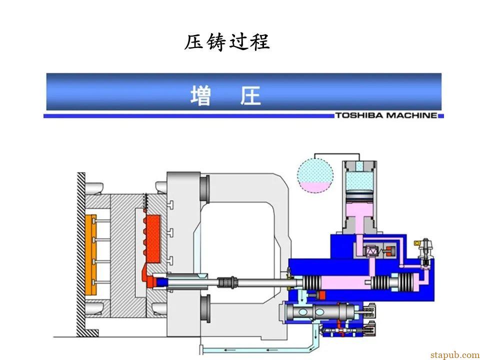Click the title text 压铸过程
(x=227, y=42)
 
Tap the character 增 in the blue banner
(x=201, y=95)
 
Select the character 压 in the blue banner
(x=250, y=95)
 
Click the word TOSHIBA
(x=359, y=115)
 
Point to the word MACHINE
(x=411, y=115)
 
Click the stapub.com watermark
(x=455, y=355)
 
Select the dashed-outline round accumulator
(x=315, y=175)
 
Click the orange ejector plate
(x=91, y=254)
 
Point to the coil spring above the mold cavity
(x=146, y=204)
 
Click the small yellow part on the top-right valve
(x=416, y=243)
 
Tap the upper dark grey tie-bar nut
(x=205, y=187)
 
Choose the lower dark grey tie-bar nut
(x=205, y=308)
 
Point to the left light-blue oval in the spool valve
(x=303, y=312)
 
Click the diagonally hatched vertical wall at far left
(x=81, y=254)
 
